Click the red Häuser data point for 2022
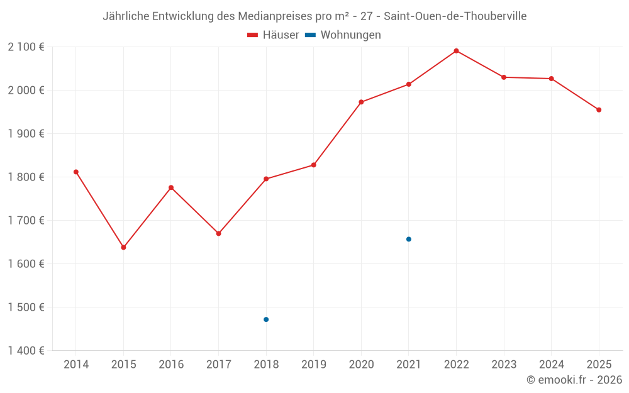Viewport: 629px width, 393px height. [x=456, y=51]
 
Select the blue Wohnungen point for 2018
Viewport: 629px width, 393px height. [x=266, y=319]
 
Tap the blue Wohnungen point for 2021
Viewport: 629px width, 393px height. [x=409, y=239]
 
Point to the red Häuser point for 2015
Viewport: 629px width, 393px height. [x=123, y=247]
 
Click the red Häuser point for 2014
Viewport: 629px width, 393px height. [x=76, y=172]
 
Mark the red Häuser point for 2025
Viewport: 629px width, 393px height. [x=599, y=110]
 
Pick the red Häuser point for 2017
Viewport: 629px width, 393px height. [x=218, y=233]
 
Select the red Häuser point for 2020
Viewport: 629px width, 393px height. [x=361, y=102]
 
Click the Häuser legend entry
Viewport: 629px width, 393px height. [x=273, y=35]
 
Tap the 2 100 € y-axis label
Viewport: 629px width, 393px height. [x=26, y=47]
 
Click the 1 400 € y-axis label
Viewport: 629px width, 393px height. [x=26, y=351]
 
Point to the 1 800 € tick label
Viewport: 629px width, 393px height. [x=26, y=177]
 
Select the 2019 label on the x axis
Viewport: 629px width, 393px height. [x=313, y=365]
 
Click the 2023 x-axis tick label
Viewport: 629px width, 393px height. [x=504, y=365]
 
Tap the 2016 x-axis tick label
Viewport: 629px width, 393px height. [x=171, y=365]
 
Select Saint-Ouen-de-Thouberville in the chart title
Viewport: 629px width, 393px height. [x=455, y=16]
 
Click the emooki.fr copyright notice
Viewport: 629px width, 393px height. [x=574, y=380]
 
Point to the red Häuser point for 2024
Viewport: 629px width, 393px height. [x=552, y=79]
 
